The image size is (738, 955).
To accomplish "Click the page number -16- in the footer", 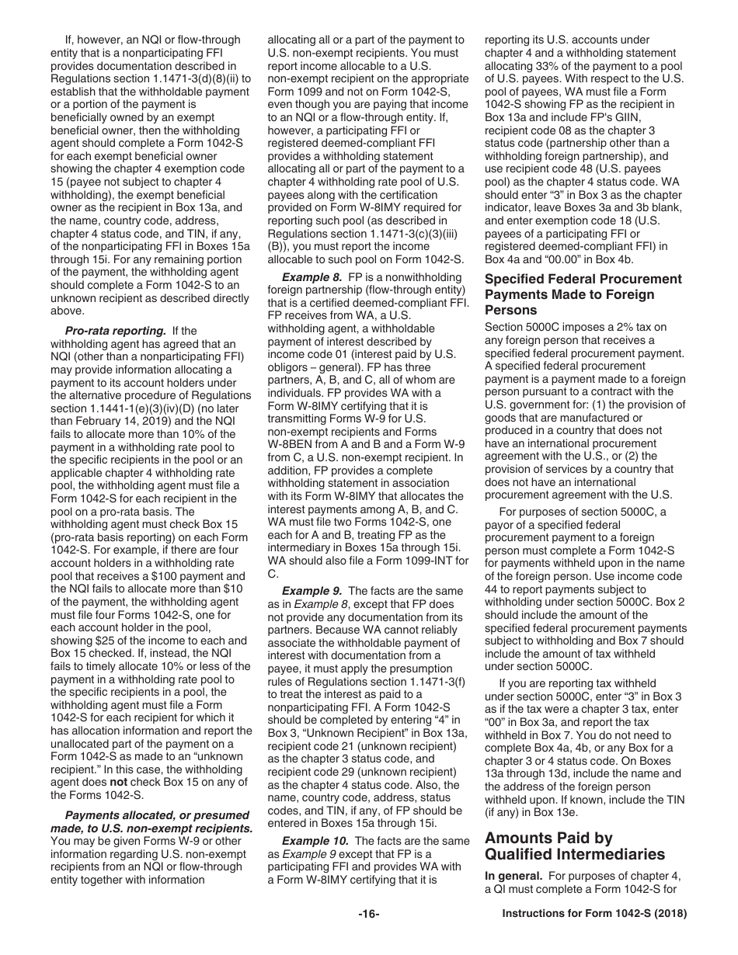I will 368,914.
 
